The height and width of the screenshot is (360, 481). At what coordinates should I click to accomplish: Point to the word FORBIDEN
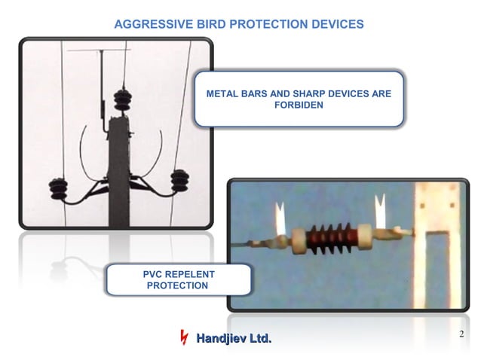click(298, 106)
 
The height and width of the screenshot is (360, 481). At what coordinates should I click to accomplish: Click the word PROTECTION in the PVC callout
click(176, 286)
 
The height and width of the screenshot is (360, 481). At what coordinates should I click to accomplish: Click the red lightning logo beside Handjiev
click(182, 338)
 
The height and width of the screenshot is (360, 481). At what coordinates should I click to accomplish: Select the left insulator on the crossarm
click(58, 186)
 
